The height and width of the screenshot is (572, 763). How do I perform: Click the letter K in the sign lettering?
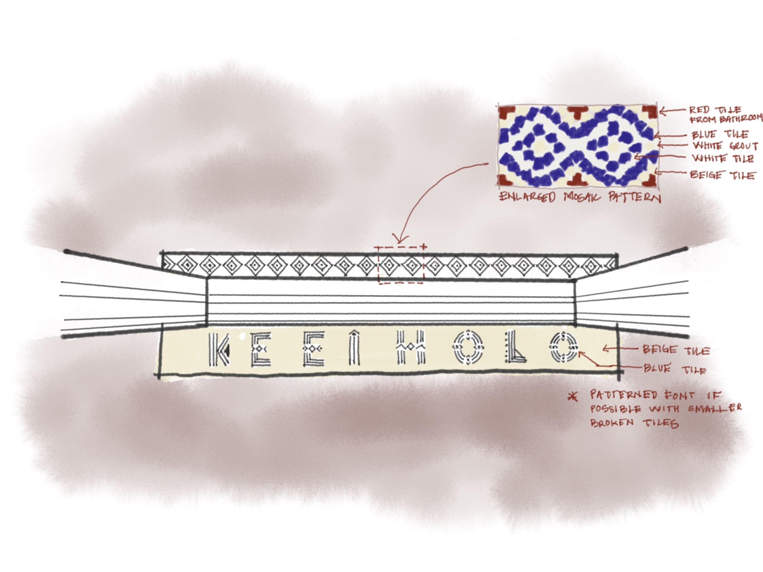point(219,349)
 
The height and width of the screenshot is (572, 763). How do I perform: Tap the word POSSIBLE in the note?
point(616,409)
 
